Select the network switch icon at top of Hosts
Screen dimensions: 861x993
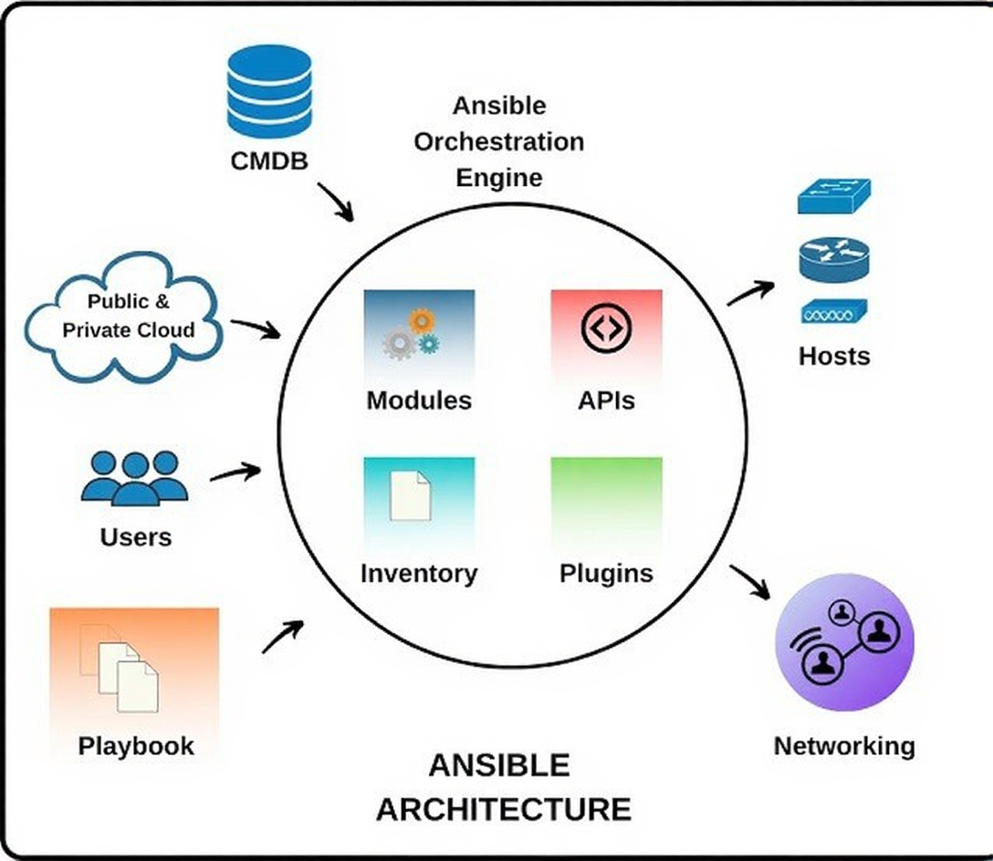coord(834,197)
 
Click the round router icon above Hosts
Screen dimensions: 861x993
coord(834,260)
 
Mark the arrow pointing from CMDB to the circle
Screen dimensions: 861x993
coord(335,201)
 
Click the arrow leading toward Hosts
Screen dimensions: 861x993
coord(750,293)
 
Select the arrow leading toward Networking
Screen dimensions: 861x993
coord(752,581)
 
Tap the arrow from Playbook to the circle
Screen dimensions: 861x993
coord(282,637)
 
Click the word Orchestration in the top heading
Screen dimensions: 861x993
coord(498,141)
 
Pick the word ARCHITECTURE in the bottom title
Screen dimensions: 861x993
coord(503,809)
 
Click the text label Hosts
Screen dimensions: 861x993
coord(834,356)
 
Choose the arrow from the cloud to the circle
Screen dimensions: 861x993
coord(256,327)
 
